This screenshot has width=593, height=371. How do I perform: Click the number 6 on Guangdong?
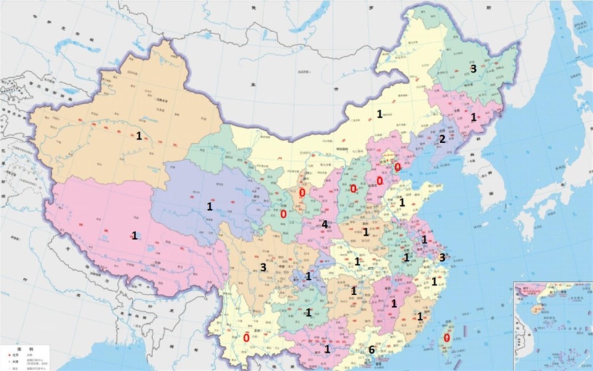tap(371, 350)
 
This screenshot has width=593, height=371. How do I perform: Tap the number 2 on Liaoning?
tap(442, 139)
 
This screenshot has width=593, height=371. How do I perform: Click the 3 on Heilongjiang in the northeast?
tap(473, 69)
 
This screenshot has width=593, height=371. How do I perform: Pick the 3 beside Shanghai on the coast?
tap(442, 257)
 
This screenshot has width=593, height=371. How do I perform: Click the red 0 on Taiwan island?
tap(447, 338)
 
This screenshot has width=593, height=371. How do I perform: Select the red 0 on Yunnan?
tap(246, 338)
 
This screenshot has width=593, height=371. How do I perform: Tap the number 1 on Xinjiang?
tap(140, 135)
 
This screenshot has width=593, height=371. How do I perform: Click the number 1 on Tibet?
tap(134, 235)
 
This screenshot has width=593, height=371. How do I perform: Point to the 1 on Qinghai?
tap(209, 207)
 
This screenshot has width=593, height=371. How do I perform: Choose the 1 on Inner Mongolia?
tap(379, 113)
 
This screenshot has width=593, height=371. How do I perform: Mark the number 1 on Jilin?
tap(474, 117)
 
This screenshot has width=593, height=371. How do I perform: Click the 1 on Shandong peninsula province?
tap(402, 202)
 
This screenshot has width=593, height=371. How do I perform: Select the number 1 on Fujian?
tap(420, 317)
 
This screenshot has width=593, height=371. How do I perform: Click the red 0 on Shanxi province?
tap(353, 188)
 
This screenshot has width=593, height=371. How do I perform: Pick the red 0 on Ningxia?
tap(302, 193)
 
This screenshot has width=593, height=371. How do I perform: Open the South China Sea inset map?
tap(552, 325)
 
